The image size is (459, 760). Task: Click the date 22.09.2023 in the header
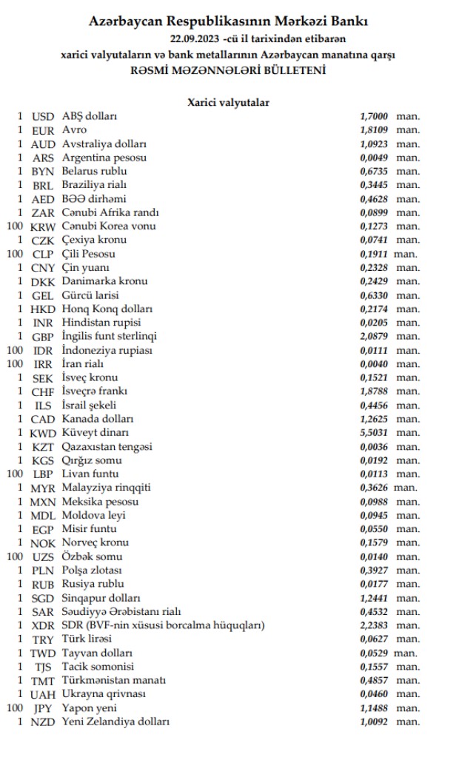point(195,38)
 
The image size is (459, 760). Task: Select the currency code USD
point(44,117)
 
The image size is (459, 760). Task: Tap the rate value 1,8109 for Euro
point(374,130)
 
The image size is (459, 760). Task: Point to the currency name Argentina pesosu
point(104,158)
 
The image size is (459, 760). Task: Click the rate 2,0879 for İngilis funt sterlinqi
point(374,336)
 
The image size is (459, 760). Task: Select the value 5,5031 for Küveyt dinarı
point(374,432)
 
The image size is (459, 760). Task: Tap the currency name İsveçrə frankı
point(95,391)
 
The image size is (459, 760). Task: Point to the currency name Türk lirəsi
point(87,639)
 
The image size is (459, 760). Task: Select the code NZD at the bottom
point(44,722)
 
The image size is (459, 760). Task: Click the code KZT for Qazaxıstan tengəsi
point(44,446)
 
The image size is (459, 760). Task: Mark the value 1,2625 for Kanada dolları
point(374,419)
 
